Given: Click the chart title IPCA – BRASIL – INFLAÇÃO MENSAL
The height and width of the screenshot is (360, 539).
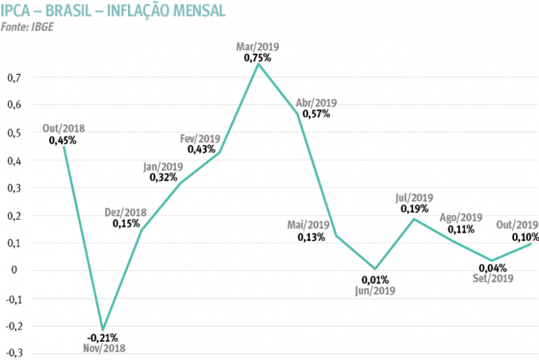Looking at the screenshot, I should pyautogui.click(x=113, y=11).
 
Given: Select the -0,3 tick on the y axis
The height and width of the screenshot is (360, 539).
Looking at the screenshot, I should pyautogui.click(x=12, y=353).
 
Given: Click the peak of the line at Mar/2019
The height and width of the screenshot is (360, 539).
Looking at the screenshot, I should pyautogui.click(x=257, y=64).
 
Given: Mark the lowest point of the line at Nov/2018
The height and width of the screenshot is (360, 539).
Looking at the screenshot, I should pyautogui.click(x=102, y=329).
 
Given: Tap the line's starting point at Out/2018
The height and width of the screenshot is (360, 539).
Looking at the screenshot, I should pyautogui.click(x=64, y=146).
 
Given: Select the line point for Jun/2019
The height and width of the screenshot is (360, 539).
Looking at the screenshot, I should pyautogui.click(x=375, y=268).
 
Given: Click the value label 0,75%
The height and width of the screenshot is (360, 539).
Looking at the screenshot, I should pyautogui.click(x=257, y=58).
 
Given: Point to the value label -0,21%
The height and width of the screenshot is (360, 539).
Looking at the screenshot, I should pyautogui.click(x=104, y=337).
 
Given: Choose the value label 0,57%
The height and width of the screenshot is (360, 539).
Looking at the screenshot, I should pyautogui.click(x=316, y=114).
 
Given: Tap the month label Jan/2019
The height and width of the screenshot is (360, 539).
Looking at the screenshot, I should pyautogui.click(x=163, y=167).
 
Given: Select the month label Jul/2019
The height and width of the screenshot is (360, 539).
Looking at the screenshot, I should pyautogui.click(x=414, y=198).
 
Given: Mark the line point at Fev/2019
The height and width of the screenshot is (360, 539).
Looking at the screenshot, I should pyautogui.click(x=219, y=153).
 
